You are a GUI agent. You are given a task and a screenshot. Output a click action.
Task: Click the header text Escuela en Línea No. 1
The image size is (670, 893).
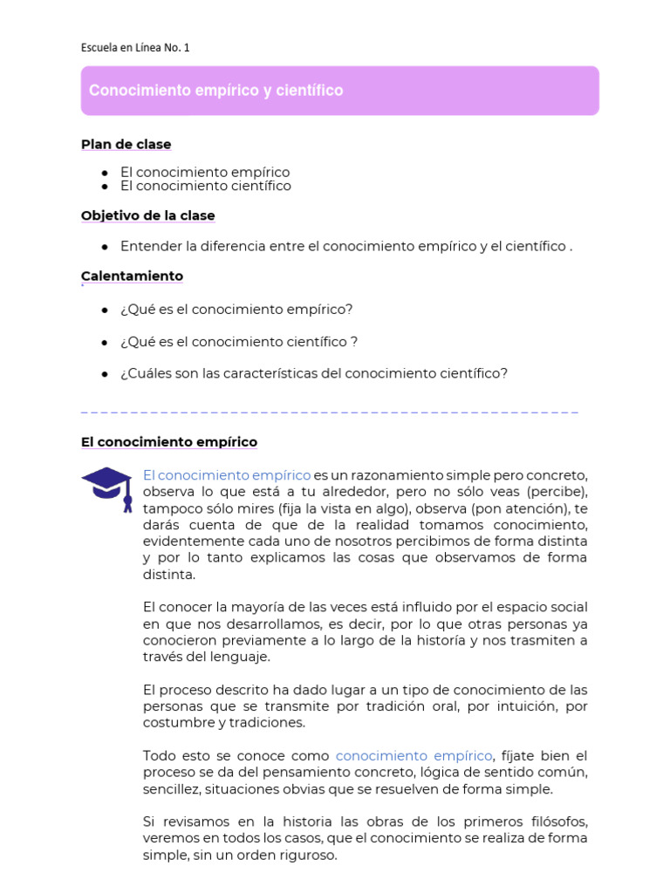coord(135,48)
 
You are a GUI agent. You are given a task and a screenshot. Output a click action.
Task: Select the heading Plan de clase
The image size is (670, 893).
coord(126,144)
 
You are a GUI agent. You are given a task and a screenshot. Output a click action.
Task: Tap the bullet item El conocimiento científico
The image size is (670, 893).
coord(206,186)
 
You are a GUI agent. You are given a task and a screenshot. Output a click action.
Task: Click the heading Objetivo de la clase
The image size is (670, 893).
coord(147,215)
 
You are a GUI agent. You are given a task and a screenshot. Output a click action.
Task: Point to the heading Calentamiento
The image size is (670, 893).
coord(132,276)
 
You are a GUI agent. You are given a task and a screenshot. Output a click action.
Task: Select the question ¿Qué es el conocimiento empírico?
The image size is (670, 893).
coord(236,310)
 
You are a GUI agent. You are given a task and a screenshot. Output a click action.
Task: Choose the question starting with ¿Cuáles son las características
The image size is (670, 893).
coord(313,373)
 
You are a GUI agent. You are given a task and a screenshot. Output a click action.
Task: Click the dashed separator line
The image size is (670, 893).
coord(330,411)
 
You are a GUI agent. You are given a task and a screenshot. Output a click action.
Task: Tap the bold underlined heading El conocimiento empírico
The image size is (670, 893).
coord(169,442)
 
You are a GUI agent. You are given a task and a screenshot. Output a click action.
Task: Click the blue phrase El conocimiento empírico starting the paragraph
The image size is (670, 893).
coord(227,475)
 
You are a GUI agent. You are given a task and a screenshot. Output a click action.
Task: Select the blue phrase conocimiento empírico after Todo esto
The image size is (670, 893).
coord(414,756)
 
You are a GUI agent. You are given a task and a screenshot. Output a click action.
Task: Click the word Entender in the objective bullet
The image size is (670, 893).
coord(149,247)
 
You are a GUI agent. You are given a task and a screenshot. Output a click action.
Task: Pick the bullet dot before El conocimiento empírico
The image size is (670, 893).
coord(104,173)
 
